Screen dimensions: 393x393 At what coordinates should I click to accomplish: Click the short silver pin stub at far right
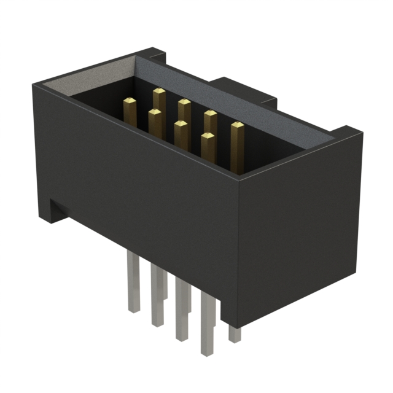tap(234, 333)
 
